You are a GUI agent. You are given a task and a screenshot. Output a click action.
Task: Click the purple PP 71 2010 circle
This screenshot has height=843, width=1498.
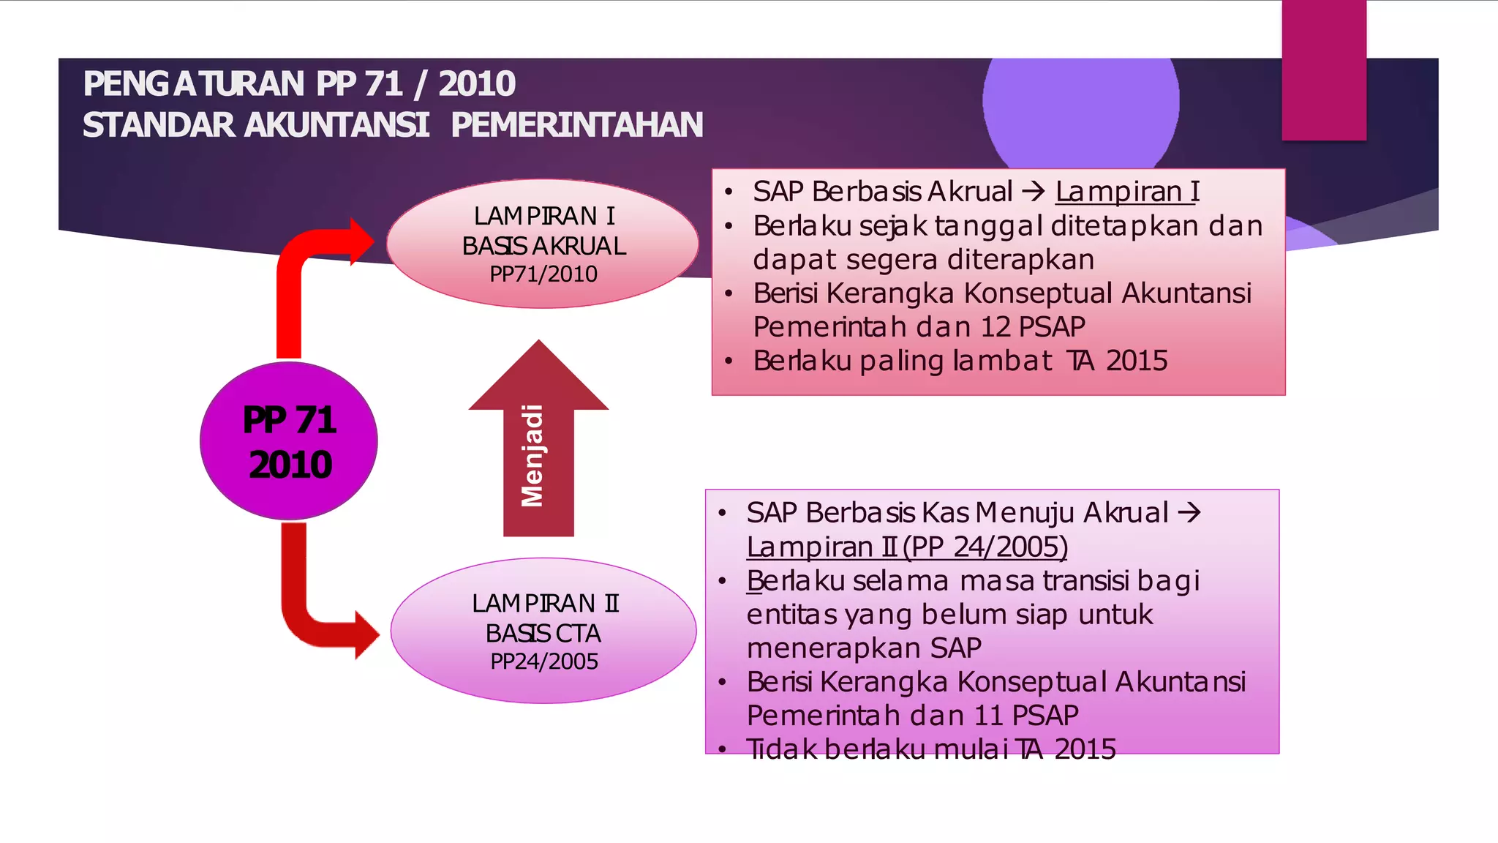[289, 441]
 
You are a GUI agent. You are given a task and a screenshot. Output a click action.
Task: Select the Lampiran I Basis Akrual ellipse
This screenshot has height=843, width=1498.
[543, 244]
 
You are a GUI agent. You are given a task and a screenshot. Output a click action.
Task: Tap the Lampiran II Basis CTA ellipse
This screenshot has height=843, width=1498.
[543, 631]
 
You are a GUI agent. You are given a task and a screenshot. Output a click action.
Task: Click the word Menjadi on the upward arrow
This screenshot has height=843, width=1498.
[532, 456]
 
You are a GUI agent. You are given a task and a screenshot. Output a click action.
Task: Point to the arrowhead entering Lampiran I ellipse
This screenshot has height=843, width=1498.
[361, 241]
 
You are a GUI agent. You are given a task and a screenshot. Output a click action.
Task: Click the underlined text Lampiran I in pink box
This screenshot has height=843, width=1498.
[1127, 192]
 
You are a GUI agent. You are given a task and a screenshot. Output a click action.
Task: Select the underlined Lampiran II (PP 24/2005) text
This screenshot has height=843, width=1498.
[907, 547]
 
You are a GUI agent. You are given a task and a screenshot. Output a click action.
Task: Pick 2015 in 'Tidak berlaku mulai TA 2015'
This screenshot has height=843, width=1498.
[1085, 749]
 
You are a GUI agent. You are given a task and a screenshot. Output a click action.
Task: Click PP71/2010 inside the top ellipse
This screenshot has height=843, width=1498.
[543, 274]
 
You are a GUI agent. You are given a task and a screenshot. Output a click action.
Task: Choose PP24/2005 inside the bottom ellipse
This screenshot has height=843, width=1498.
[543, 662]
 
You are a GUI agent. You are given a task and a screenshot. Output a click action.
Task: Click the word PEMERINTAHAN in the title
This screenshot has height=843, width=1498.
[576, 125]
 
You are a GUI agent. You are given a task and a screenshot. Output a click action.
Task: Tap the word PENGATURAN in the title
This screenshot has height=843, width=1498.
[193, 83]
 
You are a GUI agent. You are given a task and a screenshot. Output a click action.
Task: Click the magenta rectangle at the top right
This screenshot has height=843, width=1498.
[1324, 70]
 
